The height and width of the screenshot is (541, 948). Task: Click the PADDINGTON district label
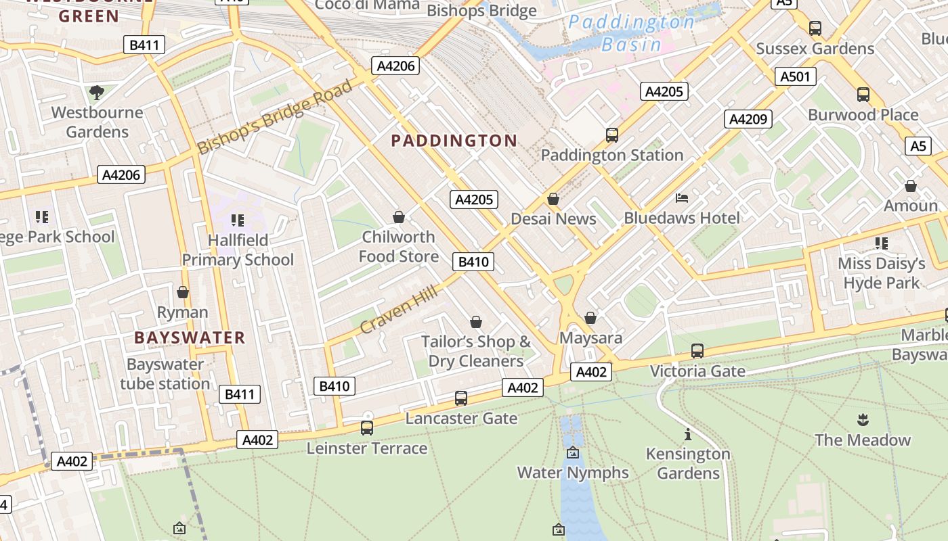tap(454, 141)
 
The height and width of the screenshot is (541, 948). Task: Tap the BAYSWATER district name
tap(190, 337)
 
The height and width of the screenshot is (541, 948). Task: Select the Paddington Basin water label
tap(631, 33)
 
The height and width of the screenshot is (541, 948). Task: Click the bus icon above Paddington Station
tap(612, 135)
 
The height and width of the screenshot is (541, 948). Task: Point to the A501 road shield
tap(795, 76)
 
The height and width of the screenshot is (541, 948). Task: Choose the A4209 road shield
tap(748, 120)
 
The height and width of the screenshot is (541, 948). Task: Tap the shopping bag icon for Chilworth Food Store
tap(399, 217)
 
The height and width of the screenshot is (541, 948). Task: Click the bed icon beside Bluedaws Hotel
tap(682, 198)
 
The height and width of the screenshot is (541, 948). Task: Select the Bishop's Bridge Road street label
tap(275, 117)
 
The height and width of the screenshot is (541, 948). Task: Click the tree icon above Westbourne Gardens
tap(97, 92)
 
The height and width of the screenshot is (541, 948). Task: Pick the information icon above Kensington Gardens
tap(688, 434)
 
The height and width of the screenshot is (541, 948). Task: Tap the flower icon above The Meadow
tap(863, 420)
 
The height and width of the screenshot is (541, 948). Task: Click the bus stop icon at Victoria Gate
tap(697, 351)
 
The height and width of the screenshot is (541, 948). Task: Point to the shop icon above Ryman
tap(182, 292)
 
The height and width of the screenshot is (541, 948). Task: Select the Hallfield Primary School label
tap(238, 250)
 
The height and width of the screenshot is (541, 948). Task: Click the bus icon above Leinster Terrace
tap(367, 428)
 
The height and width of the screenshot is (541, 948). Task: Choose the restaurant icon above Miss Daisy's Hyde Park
tap(881, 243)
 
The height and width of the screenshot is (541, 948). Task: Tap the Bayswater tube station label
tap(165, 374)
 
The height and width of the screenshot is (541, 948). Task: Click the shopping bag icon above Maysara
tap(590, 318)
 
